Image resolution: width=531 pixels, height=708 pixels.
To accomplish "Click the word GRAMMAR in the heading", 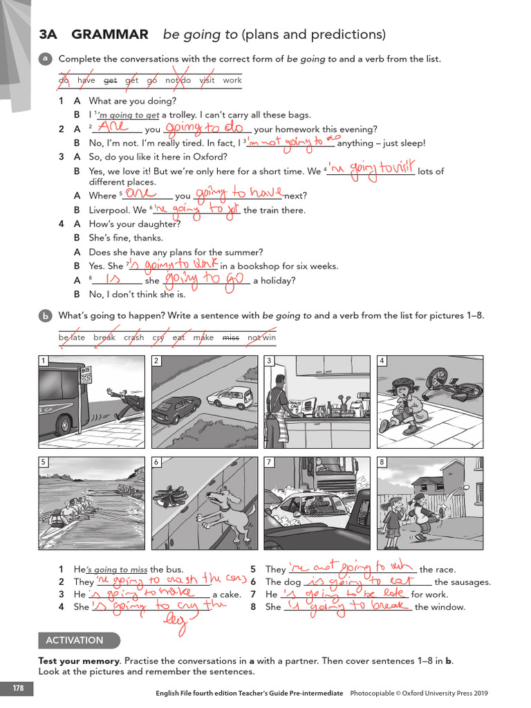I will (110, 35).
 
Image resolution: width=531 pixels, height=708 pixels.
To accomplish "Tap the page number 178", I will (17, 687).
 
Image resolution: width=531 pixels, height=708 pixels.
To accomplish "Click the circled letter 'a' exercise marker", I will (45, 59).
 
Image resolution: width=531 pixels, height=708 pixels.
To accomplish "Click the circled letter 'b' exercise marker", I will (45, 316).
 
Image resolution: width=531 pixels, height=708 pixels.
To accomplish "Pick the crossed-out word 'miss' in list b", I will (230, 337).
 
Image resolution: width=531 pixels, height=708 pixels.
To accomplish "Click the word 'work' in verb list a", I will (232, 80).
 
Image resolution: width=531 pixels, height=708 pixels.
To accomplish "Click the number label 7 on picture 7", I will (269, 462).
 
